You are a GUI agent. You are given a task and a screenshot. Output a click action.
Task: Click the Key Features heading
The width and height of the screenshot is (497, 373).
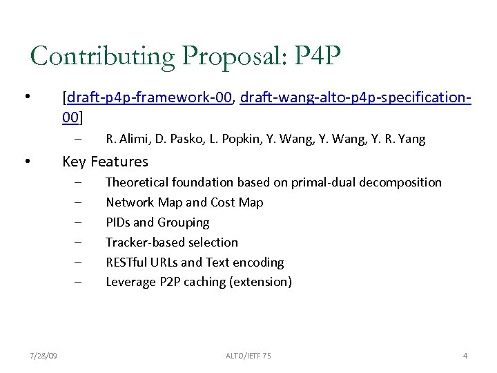pos(105,162)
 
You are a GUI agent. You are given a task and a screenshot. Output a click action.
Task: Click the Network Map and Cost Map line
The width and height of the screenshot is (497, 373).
pos(184,202)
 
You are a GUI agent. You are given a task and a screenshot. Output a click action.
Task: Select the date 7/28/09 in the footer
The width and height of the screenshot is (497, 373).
pos(43,356)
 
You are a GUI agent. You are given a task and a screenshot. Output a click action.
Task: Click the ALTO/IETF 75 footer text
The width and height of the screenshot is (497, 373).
pos(248,356)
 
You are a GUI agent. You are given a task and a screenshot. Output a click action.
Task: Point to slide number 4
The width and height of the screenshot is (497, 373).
pos(465,356)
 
